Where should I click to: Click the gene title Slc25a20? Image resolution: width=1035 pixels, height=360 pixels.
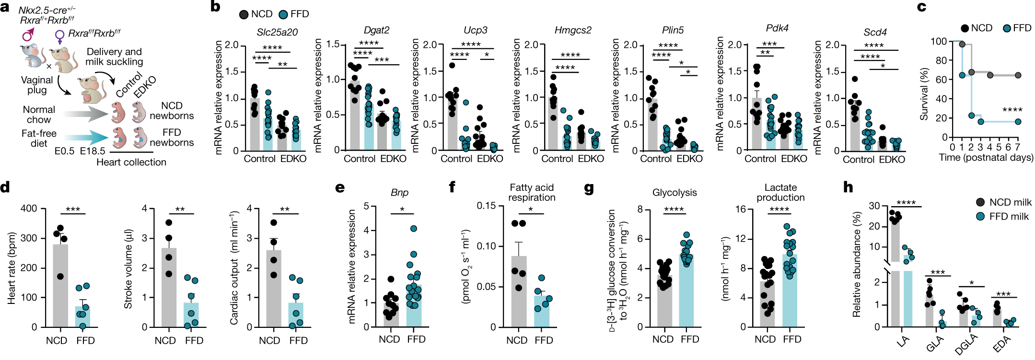(x=277, y=32)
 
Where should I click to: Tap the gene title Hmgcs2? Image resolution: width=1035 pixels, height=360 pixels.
(x=573, y=30)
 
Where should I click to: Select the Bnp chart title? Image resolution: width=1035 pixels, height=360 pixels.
(x=399, y=192)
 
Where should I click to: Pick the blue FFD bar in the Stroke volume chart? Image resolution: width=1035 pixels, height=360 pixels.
(x=191, y=314)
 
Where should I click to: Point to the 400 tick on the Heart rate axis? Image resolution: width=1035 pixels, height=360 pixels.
(x=29, y=209)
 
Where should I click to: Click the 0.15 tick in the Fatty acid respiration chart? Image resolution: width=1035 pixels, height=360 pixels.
(x=486, y=206)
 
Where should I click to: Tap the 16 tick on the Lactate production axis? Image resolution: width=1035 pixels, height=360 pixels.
(x=741, y=209)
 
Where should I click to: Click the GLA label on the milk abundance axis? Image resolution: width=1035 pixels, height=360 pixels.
(x=934, y=343)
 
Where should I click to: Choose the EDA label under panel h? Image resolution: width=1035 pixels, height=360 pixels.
(x=1001, y=343)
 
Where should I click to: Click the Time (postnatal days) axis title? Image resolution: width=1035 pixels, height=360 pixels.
(x=986, y=158)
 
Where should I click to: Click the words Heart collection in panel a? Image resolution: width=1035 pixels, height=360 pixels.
(x=131, y=162)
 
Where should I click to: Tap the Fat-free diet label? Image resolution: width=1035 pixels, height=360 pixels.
(x=39, y=138)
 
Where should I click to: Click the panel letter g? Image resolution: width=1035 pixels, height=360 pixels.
(x=589, y=187)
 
